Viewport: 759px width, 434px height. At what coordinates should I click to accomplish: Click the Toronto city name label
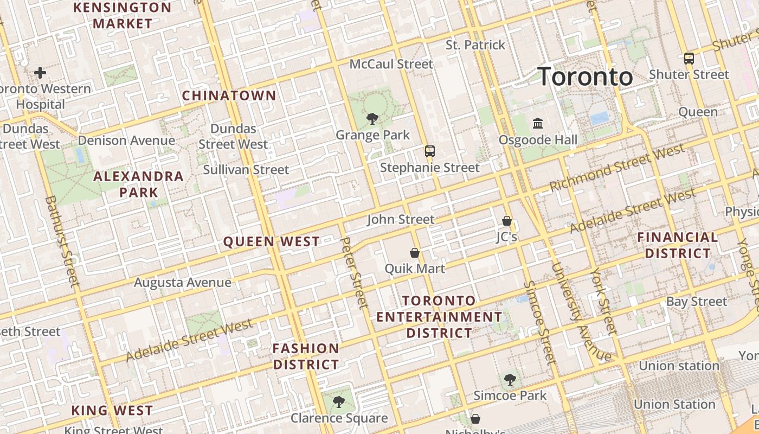[585, 76]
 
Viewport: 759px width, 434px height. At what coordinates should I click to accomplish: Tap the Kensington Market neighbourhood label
[122, 16]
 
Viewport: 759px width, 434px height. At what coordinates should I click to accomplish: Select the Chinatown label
[229, 96]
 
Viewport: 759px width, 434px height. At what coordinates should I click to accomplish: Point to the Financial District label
[677, 245]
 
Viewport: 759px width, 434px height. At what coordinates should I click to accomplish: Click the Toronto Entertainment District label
[439, 316]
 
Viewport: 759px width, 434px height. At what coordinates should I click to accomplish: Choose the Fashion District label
[306, 356]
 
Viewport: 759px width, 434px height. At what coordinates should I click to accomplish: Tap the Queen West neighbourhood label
[272, 242]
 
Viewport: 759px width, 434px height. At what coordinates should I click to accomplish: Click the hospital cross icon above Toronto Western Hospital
[40, 72]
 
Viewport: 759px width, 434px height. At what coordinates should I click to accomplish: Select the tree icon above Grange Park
[372, 118]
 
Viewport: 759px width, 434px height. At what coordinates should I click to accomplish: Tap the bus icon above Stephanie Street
[430, 151]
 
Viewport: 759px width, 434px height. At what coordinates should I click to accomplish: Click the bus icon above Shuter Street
[689, 58]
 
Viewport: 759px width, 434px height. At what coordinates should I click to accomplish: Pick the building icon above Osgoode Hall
[538, 124]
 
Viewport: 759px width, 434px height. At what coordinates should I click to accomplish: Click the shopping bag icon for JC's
[507, 221]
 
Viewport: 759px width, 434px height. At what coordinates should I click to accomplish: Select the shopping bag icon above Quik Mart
[415, 253]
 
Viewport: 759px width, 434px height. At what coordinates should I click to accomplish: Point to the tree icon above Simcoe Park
[510, 380]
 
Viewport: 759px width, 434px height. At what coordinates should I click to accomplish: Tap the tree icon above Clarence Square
[339, 402]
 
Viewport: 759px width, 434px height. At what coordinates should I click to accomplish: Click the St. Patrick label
[475, 45]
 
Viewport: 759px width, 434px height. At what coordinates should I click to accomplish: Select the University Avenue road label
[581, 312]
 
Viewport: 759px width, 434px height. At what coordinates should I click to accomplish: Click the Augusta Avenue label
[183, 283]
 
